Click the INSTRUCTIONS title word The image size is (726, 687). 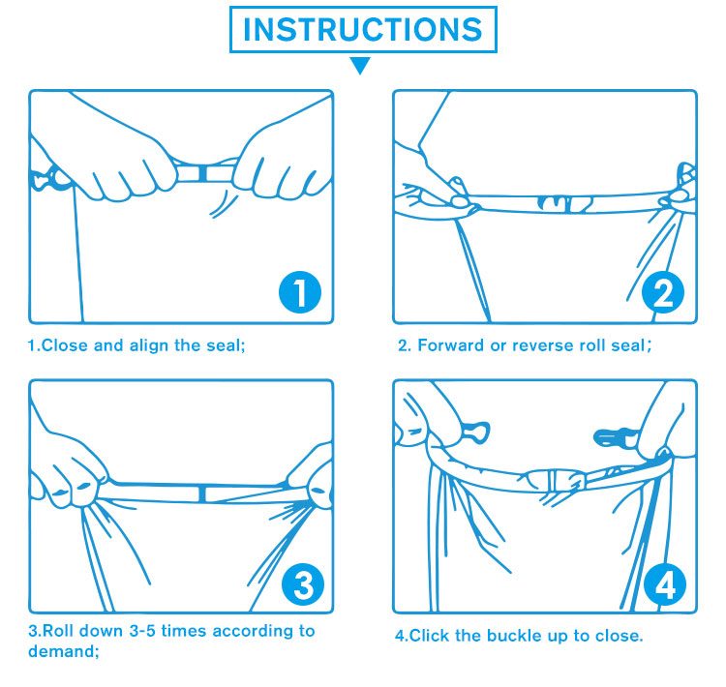(x=363, y=29)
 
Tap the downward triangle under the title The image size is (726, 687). (x=360, y=65)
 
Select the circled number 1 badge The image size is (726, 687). (x=300, y=292)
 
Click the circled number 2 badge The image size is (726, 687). (x=663, y=292)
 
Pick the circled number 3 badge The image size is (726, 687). (x=303, y=584)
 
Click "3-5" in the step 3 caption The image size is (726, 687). (x=142, y=631)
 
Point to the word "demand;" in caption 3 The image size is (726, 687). (x=64, y=651)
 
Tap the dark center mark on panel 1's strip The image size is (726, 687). (x=202, y=172)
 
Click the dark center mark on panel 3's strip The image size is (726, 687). (x=202, y=493)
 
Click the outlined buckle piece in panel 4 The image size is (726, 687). (x=476, y=433)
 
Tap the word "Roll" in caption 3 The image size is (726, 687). (x=55, y=631)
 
